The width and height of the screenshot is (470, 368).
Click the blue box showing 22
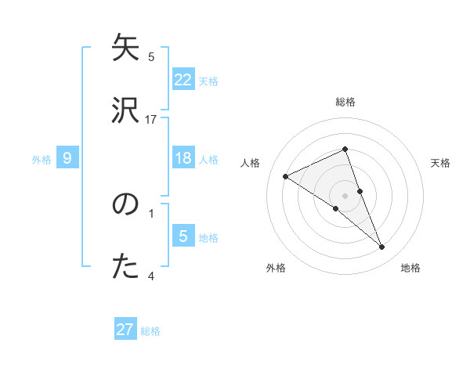coord(183,80)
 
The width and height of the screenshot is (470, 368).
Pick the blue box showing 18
coord(183,158)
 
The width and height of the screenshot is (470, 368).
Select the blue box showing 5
coord(183,236)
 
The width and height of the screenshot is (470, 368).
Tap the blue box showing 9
coord(67,158)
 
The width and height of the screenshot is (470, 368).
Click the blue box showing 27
coord(125,330)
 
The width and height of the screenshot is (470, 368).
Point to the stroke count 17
coord(151,120)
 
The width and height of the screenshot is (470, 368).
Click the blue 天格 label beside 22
coord(208,81)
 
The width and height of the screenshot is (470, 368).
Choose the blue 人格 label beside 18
coord(208,159)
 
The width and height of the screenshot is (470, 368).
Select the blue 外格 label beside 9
coord(42,159)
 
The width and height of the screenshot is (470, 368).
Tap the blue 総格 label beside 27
coord(150,330)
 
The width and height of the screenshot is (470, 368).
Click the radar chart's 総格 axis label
coord(345,102)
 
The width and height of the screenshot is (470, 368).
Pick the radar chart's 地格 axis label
coord(410,268)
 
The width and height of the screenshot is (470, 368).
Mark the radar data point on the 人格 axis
coord(286,176)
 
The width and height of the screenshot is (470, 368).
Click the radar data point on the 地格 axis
coord(382,247)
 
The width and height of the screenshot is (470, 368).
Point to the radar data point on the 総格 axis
coord(345,149)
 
